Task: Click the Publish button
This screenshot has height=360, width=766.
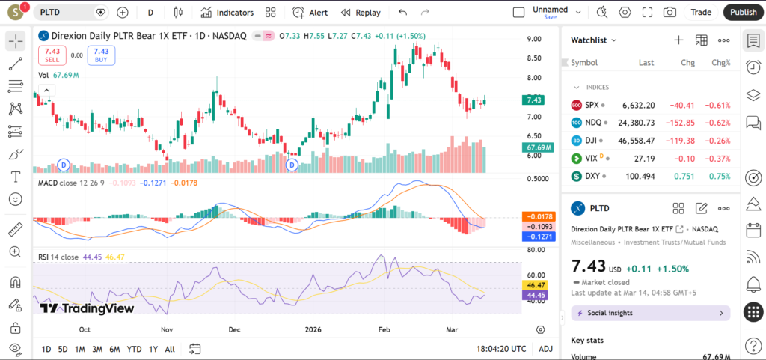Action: [x=743, y=12]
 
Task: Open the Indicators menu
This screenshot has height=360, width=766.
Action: [x=227, y=13]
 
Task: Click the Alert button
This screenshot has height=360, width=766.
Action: [x=310, y=13]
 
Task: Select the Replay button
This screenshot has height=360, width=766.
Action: [x=361, y=13]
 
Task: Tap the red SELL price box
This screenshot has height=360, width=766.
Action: [x=52, y=55]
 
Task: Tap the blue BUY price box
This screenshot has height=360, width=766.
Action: [x=101, y=55]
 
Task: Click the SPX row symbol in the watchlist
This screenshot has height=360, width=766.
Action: [x=592, y=106]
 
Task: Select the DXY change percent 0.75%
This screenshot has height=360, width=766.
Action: [x=719, y=177]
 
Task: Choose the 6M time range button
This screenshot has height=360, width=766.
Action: [x=114, y=349]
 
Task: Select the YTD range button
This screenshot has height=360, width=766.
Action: [x=135, y=349]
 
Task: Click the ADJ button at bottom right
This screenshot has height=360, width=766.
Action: [x=545, y=349]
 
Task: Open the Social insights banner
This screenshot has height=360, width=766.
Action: [x=650, y=313]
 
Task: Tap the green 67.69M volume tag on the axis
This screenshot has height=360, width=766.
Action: [x=539, y=147]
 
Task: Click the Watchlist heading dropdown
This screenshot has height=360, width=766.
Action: [x=594, y=40]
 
